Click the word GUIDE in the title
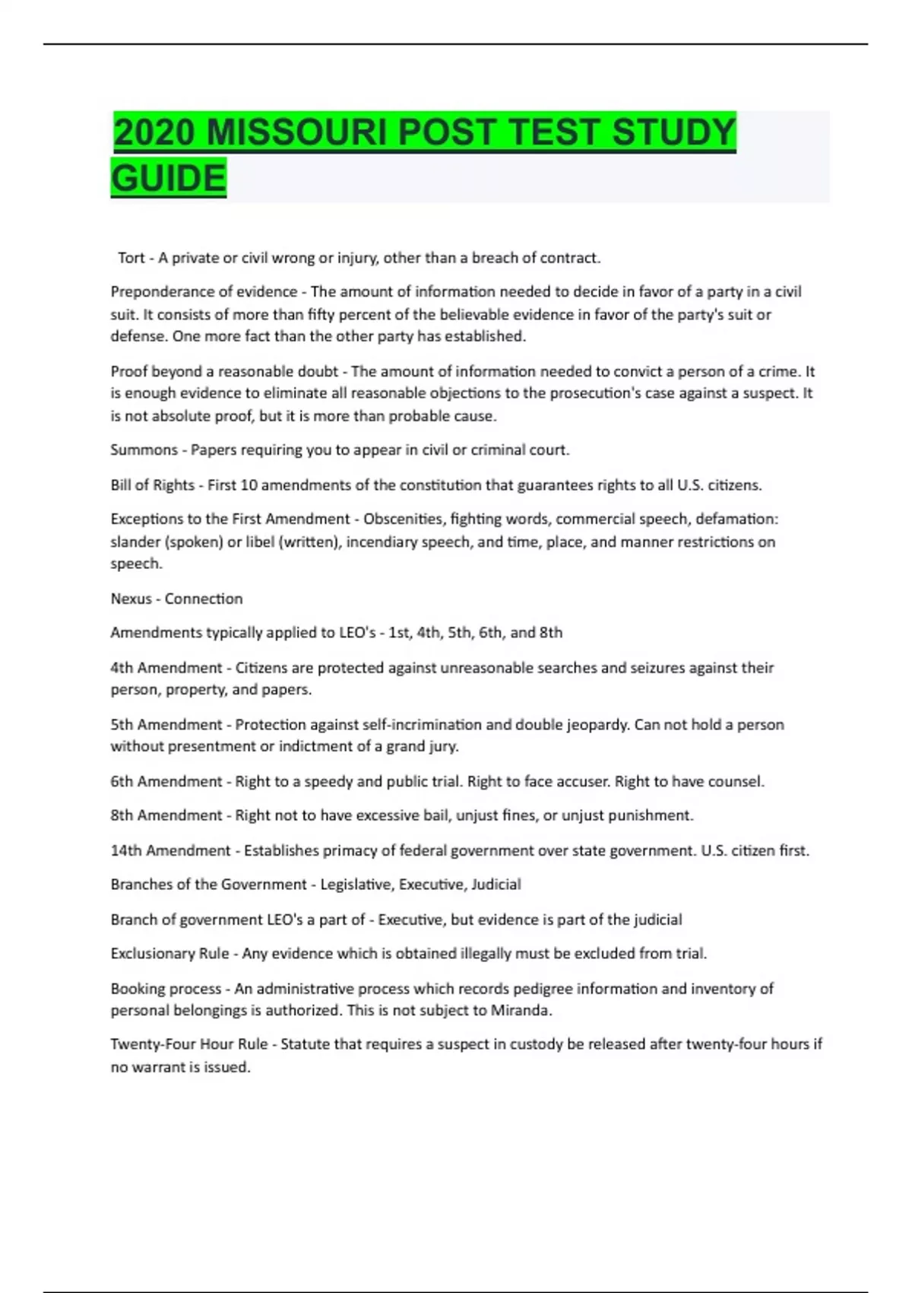(169, 178)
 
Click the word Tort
(131, 258)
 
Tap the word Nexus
(131, 599)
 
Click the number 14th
(126, 851)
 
